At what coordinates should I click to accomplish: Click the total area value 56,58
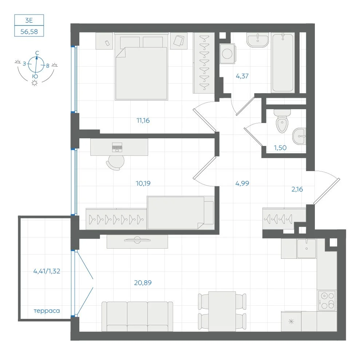pos(29,32)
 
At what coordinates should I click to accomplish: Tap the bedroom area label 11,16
pos(143,120)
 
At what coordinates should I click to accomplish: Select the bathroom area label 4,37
pos(242,76)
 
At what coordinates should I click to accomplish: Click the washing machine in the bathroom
pos(227,54)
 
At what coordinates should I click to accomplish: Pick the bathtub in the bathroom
pos(283,63)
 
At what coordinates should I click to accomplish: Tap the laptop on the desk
pos(117,147)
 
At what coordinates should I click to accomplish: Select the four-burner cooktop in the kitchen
pos(327,300)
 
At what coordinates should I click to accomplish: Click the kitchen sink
pos(306,248)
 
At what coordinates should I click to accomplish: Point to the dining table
pos(222,311)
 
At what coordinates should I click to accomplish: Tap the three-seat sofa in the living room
pos(137,316)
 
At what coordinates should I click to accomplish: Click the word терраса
pos(47,311)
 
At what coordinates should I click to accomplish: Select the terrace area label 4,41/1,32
pos(47,271)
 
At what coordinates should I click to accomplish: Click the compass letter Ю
pos(35,76)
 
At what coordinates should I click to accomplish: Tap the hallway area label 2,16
pos(297,189)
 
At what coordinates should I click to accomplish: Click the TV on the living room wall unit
pos(137,240)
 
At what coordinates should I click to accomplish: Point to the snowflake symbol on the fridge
pos(291,321)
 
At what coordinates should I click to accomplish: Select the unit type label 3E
pos(29,20)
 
